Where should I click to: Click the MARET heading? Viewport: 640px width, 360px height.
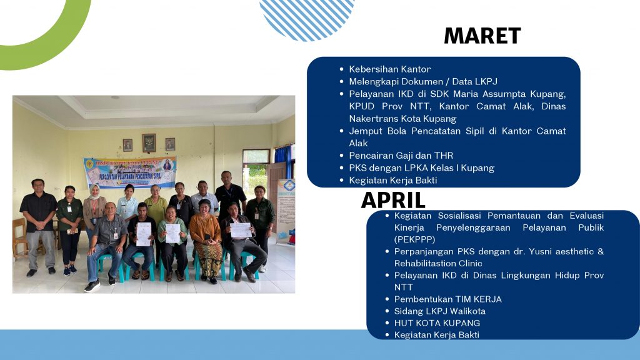click(482, 36)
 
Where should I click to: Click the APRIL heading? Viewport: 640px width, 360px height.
click(393, 201)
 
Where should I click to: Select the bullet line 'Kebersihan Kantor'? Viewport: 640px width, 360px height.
click(390, 69)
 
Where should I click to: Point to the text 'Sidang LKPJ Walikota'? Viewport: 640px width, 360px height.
click(439, 311)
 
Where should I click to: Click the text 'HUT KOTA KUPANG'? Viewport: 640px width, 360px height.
click(437, 323)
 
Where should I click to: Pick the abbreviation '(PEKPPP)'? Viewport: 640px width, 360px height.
click(414, 239)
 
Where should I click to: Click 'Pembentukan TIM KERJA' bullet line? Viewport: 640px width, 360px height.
click(447, 299)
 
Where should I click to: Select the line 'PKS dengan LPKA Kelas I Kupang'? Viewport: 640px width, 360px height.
click(421, 167)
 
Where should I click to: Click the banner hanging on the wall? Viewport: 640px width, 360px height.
click(130, 172)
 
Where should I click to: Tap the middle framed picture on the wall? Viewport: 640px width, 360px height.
click(149, 143)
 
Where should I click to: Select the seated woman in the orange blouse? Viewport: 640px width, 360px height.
click(206, 241)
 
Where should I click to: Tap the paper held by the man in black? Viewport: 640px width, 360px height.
click(143, 234)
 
